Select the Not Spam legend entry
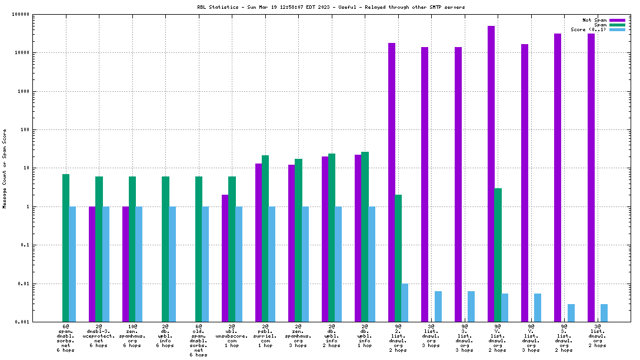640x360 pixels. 594,20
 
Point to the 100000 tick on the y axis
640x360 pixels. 36,14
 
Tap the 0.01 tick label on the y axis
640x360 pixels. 39,284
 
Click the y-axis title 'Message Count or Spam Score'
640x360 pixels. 5,168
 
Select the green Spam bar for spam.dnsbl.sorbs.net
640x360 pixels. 66,248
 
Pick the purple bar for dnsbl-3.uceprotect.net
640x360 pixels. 92,264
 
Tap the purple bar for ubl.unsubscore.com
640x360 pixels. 225,258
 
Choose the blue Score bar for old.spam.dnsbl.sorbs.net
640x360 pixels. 205,264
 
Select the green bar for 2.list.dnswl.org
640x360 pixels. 398,258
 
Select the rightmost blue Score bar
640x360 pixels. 604,313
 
